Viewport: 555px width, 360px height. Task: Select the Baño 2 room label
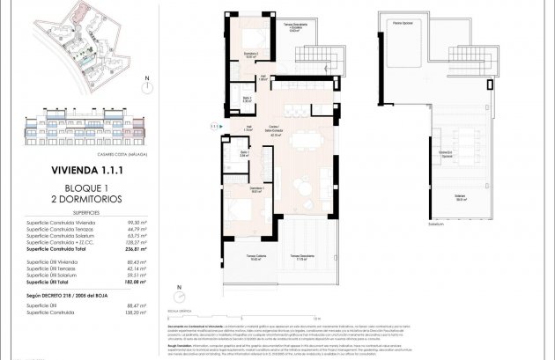(x=248, y=99)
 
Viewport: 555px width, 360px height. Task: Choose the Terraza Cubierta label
(x=256, y=259)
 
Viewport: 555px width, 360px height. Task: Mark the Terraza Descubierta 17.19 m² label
(x=300, y=259)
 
